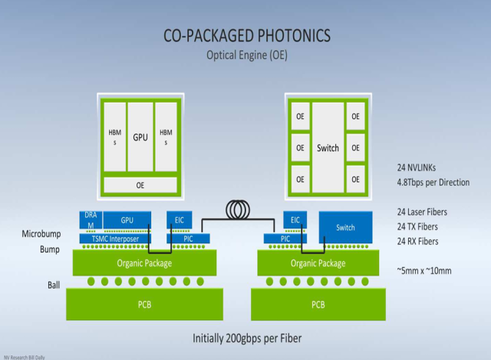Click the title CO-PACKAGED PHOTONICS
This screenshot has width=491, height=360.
245,35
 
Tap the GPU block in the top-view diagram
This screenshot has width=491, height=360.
140,137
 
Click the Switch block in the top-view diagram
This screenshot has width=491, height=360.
328,147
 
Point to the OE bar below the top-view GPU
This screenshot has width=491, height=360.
140,185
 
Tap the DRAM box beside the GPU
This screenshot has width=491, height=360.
90,220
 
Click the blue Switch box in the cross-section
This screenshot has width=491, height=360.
345,227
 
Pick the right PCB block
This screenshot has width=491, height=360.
318,304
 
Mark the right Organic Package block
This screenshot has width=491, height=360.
318,263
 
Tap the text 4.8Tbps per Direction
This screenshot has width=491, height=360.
433,183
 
